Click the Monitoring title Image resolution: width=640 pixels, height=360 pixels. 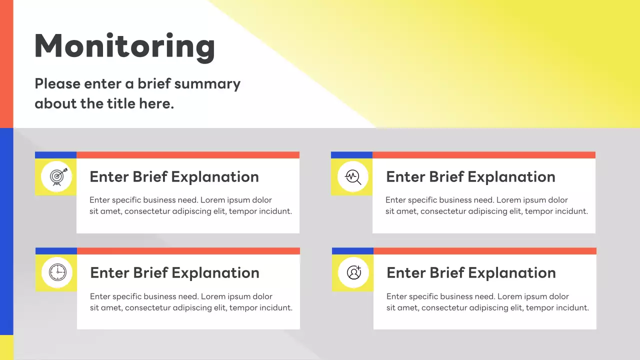click(124, 46)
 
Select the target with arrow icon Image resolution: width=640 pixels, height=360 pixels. click(56, 176)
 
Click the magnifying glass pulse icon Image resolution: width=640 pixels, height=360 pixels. click(352, 176)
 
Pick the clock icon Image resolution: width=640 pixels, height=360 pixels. click(56, 272)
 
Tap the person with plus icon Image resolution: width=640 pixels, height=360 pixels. click(353, 272)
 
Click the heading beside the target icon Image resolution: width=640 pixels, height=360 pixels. click(174, 176)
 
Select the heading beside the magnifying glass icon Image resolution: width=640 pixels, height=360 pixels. click(470, 176)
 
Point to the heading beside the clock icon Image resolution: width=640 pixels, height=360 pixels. click(174, 272)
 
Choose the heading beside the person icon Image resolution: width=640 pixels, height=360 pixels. click(471, 272)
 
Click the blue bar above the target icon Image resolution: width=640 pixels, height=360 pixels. click(55, 155)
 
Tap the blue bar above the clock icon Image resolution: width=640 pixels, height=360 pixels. click(56, 251)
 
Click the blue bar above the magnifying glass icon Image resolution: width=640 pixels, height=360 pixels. click(351, 155)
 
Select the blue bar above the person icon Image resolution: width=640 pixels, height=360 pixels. click(352, 251)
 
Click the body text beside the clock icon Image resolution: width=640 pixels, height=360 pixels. click(191, 302)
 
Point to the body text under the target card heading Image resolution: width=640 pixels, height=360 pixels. click(190, 205)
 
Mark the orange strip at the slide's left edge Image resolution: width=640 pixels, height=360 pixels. click(6, 63)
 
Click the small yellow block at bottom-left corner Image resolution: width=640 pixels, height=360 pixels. click(6, 347)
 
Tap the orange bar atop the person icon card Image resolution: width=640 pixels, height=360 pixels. click(484, 251)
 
